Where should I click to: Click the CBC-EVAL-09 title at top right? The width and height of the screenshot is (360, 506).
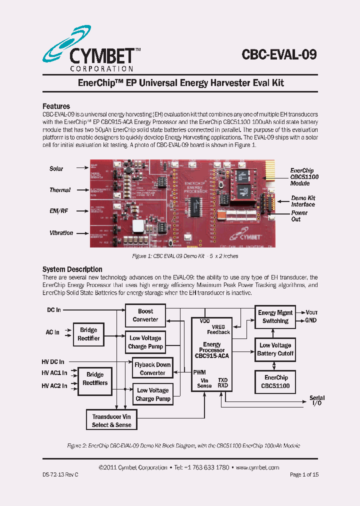tap(279, 54)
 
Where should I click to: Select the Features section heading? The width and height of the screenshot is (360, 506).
tap(56, 106)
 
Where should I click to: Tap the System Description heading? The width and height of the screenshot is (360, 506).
tap(72, 269)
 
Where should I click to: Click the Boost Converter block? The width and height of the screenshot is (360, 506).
tap(145, 315)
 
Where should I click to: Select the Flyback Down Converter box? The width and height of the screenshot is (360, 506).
tap(152, 368)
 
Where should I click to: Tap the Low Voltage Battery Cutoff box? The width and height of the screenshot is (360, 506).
tap(275, 349)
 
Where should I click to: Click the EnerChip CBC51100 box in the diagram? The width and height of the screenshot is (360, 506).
tap(275, 381)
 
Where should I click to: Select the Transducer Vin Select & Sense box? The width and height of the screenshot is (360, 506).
tap(111, 420)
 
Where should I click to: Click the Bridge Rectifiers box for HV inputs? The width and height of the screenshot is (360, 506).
tap(94, 378)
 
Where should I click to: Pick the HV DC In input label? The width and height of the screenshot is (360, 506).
tap(53, 361)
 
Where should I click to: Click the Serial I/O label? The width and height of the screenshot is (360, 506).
tap(317, 400)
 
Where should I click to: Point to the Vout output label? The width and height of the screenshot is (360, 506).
tap(311, 312)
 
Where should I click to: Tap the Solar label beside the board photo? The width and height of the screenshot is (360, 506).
tap(56, 169)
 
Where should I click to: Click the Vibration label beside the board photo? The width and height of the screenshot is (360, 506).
tap(61, 233)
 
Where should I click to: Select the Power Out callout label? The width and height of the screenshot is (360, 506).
tap(299, 216)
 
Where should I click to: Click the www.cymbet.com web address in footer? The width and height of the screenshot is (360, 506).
tap(257, 467)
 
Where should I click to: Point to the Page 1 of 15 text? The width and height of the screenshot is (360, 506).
tap(303, 474)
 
